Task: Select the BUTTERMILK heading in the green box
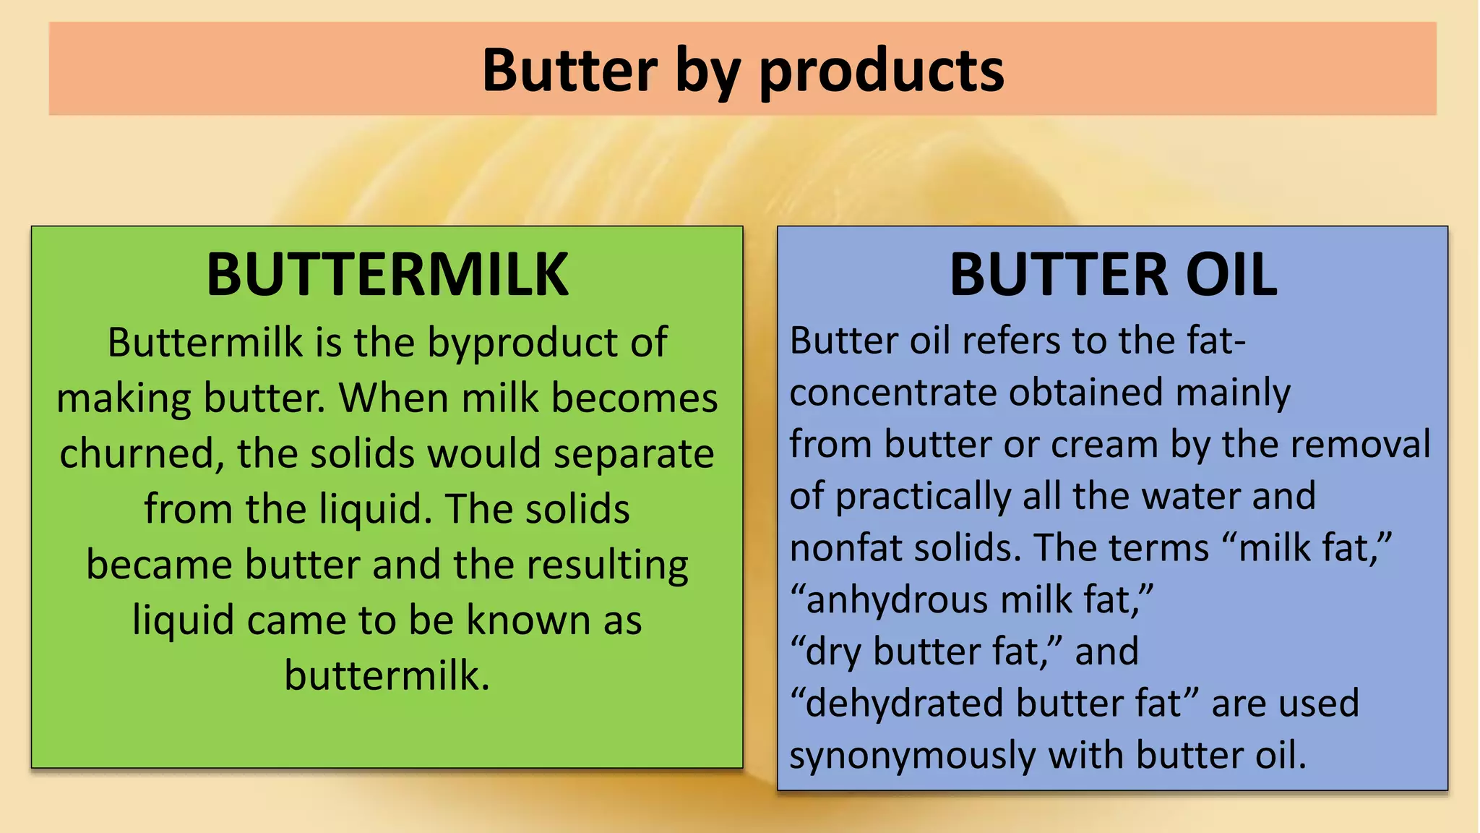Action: tap(387, 275)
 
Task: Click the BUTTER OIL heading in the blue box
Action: tap(1113, 275)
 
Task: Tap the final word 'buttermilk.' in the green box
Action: tap(387, 675)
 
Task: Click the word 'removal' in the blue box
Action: tap(1361, 444)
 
